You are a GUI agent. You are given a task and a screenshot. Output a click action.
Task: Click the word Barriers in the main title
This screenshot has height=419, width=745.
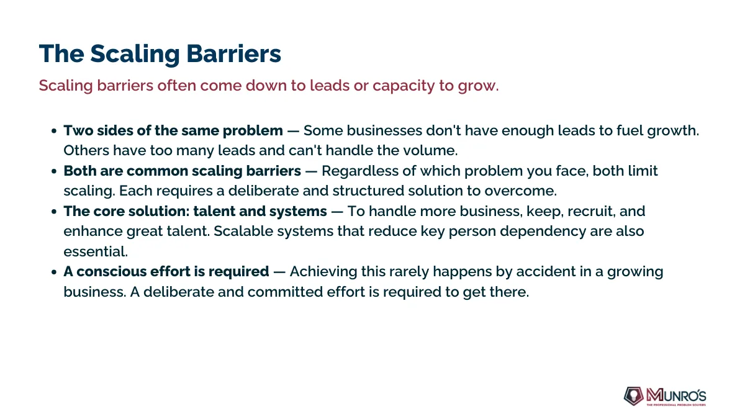click(233, 53)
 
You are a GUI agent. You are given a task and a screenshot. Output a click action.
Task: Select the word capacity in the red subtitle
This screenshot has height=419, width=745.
click(404, 86)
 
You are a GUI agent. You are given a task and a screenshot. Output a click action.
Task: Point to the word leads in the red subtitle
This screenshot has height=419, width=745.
click(329, 85)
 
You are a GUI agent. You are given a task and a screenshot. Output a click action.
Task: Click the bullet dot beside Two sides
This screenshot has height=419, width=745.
click(54, 131)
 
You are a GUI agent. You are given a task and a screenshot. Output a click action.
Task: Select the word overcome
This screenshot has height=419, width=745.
click(520, 191)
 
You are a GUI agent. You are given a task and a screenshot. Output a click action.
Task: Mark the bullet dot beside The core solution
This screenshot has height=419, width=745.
click(54, 212)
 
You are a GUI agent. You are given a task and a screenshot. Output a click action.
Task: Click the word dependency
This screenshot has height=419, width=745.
click(543, 232)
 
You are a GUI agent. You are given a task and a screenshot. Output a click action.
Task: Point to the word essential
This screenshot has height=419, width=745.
click(96, 252)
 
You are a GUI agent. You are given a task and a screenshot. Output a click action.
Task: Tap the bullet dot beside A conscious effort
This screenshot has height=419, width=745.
click(54, 272)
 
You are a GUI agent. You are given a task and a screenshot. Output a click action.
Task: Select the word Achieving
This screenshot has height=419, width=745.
click(323, 272)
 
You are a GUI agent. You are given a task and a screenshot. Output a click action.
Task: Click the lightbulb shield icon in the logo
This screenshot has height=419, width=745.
click(634, 396)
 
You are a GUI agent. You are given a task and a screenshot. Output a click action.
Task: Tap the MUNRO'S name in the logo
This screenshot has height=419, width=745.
click(676, 395)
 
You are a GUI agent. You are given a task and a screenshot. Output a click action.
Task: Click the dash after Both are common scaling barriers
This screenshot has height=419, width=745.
click(311, 171)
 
